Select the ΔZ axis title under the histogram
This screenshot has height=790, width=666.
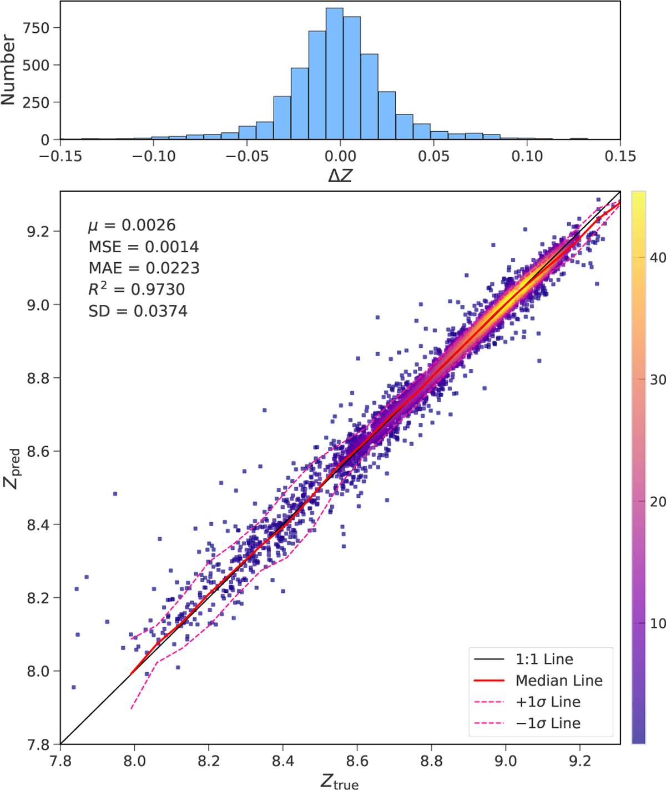[340, 176]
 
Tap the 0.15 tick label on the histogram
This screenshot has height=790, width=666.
[620, 157]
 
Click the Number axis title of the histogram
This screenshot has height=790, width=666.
[8, 69]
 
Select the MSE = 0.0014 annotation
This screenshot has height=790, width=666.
[143, 247]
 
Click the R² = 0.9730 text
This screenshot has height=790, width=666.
[137, 289]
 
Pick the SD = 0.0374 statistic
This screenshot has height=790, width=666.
[138, 311]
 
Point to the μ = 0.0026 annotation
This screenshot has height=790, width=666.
[132, 225]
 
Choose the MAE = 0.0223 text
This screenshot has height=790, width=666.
[144, 268]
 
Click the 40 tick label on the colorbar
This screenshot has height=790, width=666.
[658, 258]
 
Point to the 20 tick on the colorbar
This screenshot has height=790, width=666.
[658, 502]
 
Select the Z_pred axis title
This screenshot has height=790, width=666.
[12, 468]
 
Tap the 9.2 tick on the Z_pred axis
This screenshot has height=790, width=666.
[39, 231]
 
